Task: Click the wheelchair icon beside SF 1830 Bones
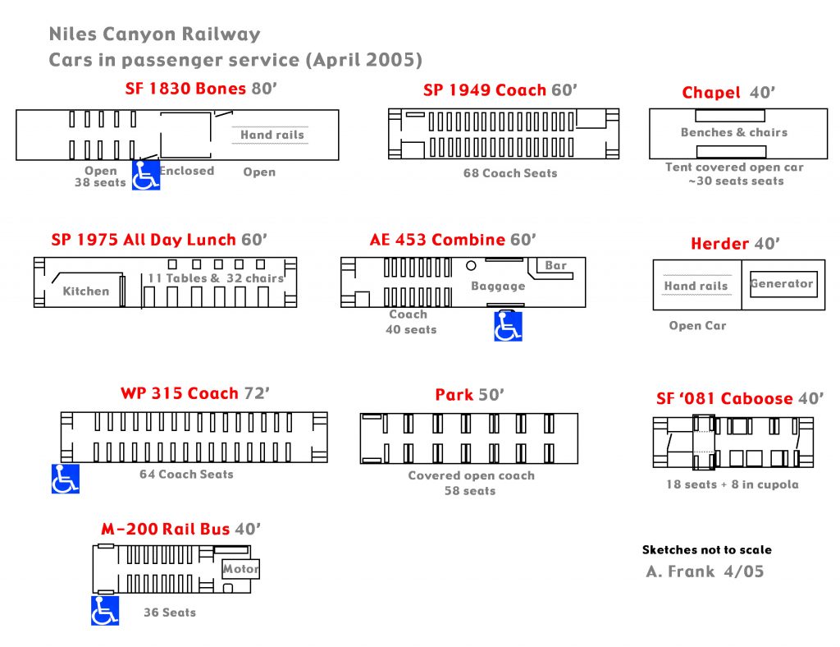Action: click(146, 175)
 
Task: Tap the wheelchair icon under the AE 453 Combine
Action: click(508, 326)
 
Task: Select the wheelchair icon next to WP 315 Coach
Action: click(66, 479)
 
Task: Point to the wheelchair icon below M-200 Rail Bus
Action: click(105, 611)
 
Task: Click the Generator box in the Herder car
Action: click(782, 284)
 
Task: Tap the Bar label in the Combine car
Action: click(556, 265)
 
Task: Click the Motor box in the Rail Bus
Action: click(240, 568)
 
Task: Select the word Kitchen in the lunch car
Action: click(85, 291)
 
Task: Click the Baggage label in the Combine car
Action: click(498, 286)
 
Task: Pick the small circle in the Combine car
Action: click(471, 265)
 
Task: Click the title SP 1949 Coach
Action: click(500, 90)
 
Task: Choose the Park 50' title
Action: click(469, 395)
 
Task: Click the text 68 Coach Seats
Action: click(510, 173)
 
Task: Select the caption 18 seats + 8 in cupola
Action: click(732, 484)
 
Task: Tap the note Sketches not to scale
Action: click(706, 550)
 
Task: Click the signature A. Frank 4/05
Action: click(705, 571)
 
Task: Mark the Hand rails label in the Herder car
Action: click(696, 286)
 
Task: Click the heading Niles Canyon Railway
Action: click(154, 34)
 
